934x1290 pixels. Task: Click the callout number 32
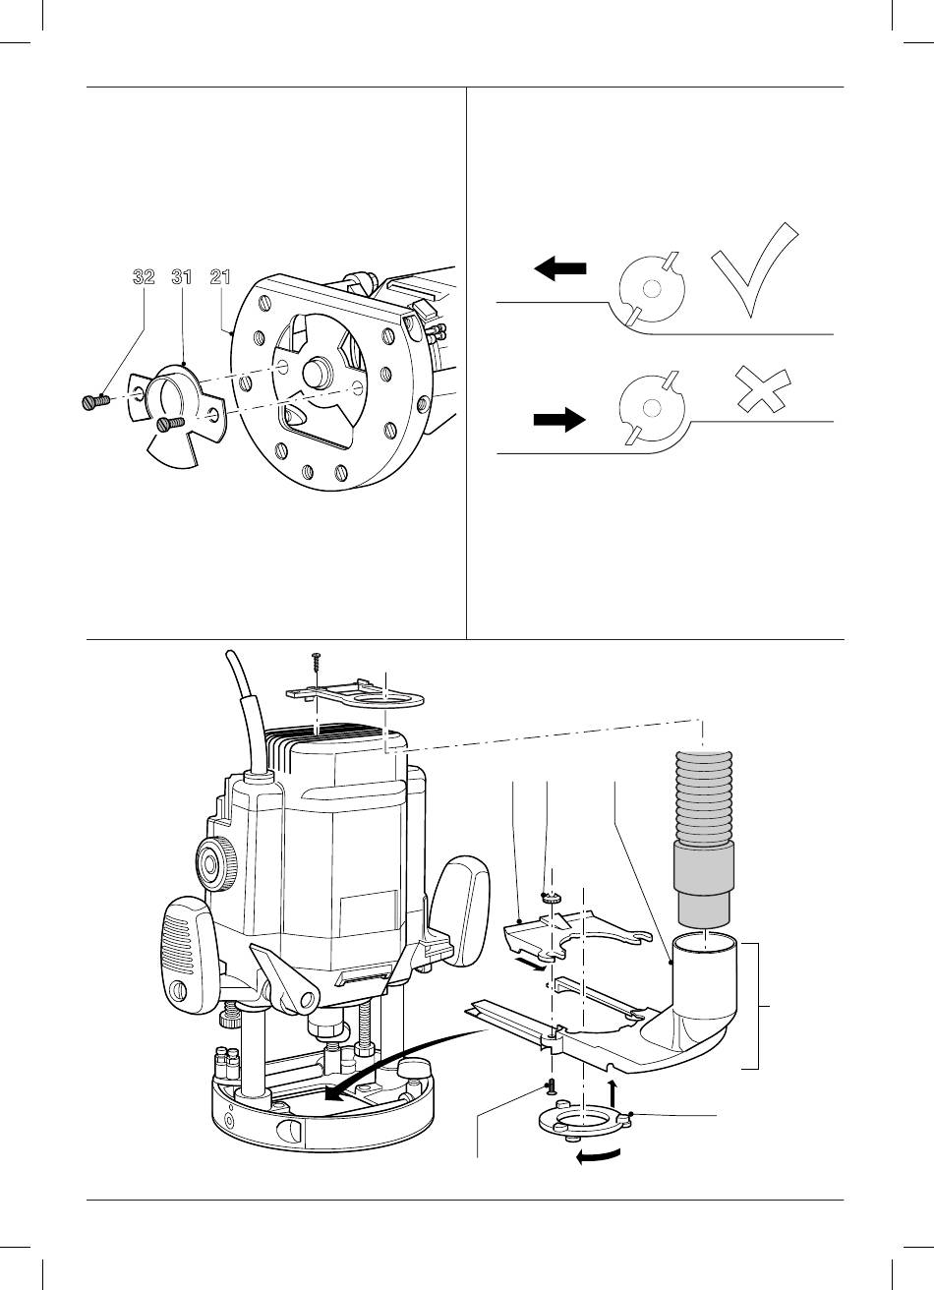pos(144,277)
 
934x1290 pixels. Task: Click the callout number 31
pos(182,277)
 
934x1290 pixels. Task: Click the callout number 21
pos(220,277)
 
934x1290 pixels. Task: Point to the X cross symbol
pos(764,389)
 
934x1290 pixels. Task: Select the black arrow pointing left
pos(560,268)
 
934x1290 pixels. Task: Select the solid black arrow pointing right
pos(559,419)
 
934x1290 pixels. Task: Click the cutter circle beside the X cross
pos(652,408)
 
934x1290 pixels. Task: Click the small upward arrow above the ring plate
pos(613,1092)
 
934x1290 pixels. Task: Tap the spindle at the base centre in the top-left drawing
pos(316,372)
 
